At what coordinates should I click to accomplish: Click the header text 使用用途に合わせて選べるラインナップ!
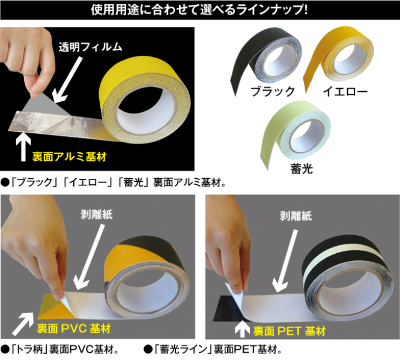pos(199,10)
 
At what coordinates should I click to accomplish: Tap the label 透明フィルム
pos(91,47)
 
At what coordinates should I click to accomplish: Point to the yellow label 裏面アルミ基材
pos(69,157)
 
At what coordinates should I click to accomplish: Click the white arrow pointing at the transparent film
pos(68,80)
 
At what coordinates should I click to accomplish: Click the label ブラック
pos(273,91)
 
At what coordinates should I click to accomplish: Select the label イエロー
pos(345,91)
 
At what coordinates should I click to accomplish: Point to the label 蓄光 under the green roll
pos(302,169)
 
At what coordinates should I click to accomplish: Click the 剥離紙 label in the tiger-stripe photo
pos(97,215)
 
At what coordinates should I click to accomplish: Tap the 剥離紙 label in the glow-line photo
pos(295,216)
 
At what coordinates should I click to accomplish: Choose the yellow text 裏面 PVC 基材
pos(74,328)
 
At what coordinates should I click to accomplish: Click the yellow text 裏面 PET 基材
pos(289,331)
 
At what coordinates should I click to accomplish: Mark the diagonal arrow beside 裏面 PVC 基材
pos(23,323)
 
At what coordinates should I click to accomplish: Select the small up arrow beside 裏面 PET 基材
pos(242,330)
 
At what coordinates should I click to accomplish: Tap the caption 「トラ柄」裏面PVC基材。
pos(60,350)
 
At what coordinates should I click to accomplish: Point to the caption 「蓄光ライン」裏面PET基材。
pos(213,350)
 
